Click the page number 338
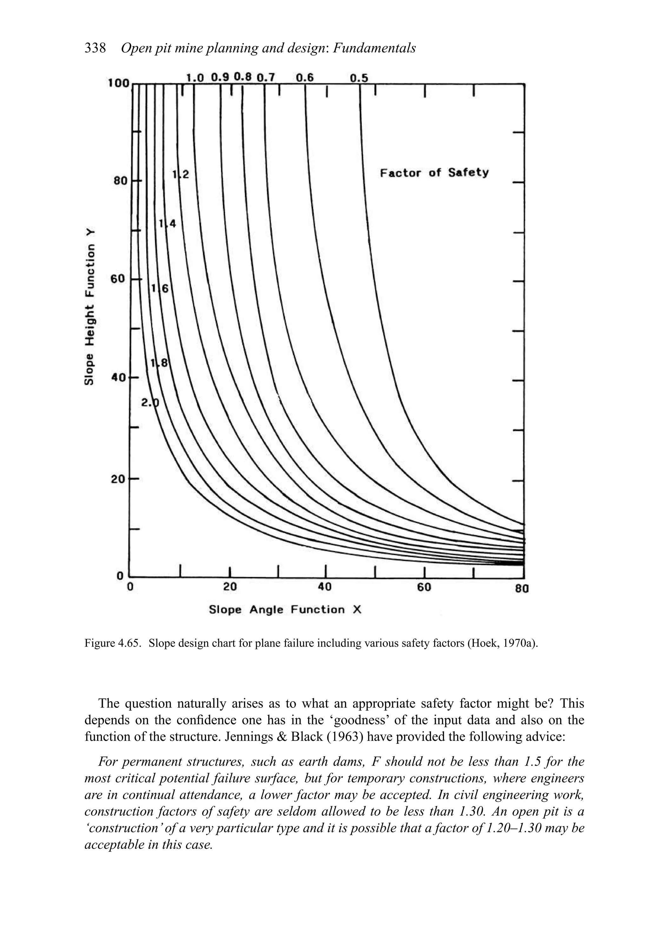tap(95, 48)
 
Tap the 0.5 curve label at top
tap(359, 78)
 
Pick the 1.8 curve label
tap(159, 362)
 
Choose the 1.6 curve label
tap(160, 289)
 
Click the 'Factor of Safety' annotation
tap(434, 173)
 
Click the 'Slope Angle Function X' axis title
tap(285, 610)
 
